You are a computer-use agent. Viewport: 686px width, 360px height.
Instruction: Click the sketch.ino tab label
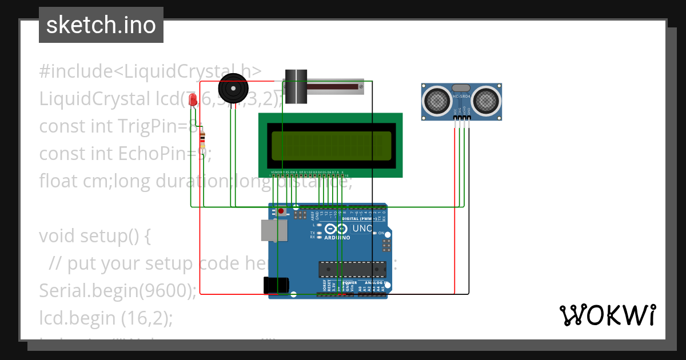(x=101, y=25)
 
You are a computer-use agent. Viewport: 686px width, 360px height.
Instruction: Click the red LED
(x=193, y=101)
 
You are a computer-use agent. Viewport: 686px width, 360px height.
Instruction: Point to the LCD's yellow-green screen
(x=331, y=145)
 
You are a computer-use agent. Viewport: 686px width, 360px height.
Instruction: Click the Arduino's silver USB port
(x=274, y=230)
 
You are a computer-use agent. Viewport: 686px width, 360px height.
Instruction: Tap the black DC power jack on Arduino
(x=275, y=285)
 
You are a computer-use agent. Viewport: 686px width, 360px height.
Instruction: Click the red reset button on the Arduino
(x=281, y=211)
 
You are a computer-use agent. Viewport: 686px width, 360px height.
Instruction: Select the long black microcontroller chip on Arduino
(x=352, y=268)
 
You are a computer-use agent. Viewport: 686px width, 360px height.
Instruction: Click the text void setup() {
(x=95, y=235)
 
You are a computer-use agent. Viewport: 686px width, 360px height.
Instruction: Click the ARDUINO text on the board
(x=336, y=237)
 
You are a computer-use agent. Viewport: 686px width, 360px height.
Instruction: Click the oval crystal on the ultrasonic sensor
(x=461, y=88)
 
